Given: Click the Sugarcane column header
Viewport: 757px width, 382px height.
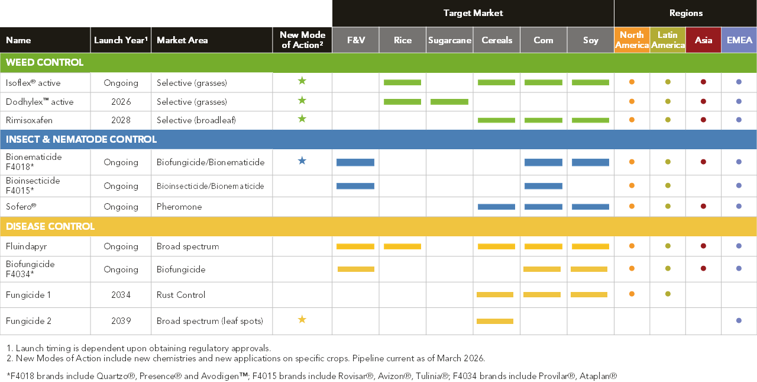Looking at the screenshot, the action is click(449, 40).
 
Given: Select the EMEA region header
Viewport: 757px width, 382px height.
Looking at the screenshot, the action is click(739, 40).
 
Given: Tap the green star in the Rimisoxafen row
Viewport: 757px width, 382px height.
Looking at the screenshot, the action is click(302, 119).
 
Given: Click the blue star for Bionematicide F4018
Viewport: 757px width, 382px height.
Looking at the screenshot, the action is click(302, 160).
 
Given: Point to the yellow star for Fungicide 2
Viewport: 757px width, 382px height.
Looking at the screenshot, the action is click(302, 319).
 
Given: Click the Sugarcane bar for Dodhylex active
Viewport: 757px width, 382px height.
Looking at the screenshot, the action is click(449, 102).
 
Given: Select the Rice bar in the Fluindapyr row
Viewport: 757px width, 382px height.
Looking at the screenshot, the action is click(403, 246).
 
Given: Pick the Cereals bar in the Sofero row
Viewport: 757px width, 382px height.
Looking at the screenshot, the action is click(496, 207).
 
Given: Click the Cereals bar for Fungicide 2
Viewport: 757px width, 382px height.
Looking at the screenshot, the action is click(495, 321).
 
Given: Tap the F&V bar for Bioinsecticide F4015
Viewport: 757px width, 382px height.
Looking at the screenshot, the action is click(355, 186).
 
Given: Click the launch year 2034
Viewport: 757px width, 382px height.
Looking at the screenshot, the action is click(121, 295).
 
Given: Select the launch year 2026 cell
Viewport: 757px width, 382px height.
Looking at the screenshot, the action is click(121, 102).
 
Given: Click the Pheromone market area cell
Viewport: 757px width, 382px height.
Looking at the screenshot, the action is click(179, 207).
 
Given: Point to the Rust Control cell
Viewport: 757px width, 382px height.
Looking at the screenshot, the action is click(181, 295).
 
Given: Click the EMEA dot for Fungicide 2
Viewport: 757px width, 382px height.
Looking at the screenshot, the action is click(739, 320).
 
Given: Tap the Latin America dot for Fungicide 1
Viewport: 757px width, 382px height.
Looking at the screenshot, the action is click(668, 294).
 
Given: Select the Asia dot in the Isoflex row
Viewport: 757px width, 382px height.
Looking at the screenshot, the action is click(703, 82).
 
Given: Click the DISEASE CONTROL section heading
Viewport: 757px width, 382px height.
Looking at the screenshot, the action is click(50, 226).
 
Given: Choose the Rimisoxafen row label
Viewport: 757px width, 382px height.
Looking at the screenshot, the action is click(29, 120).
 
